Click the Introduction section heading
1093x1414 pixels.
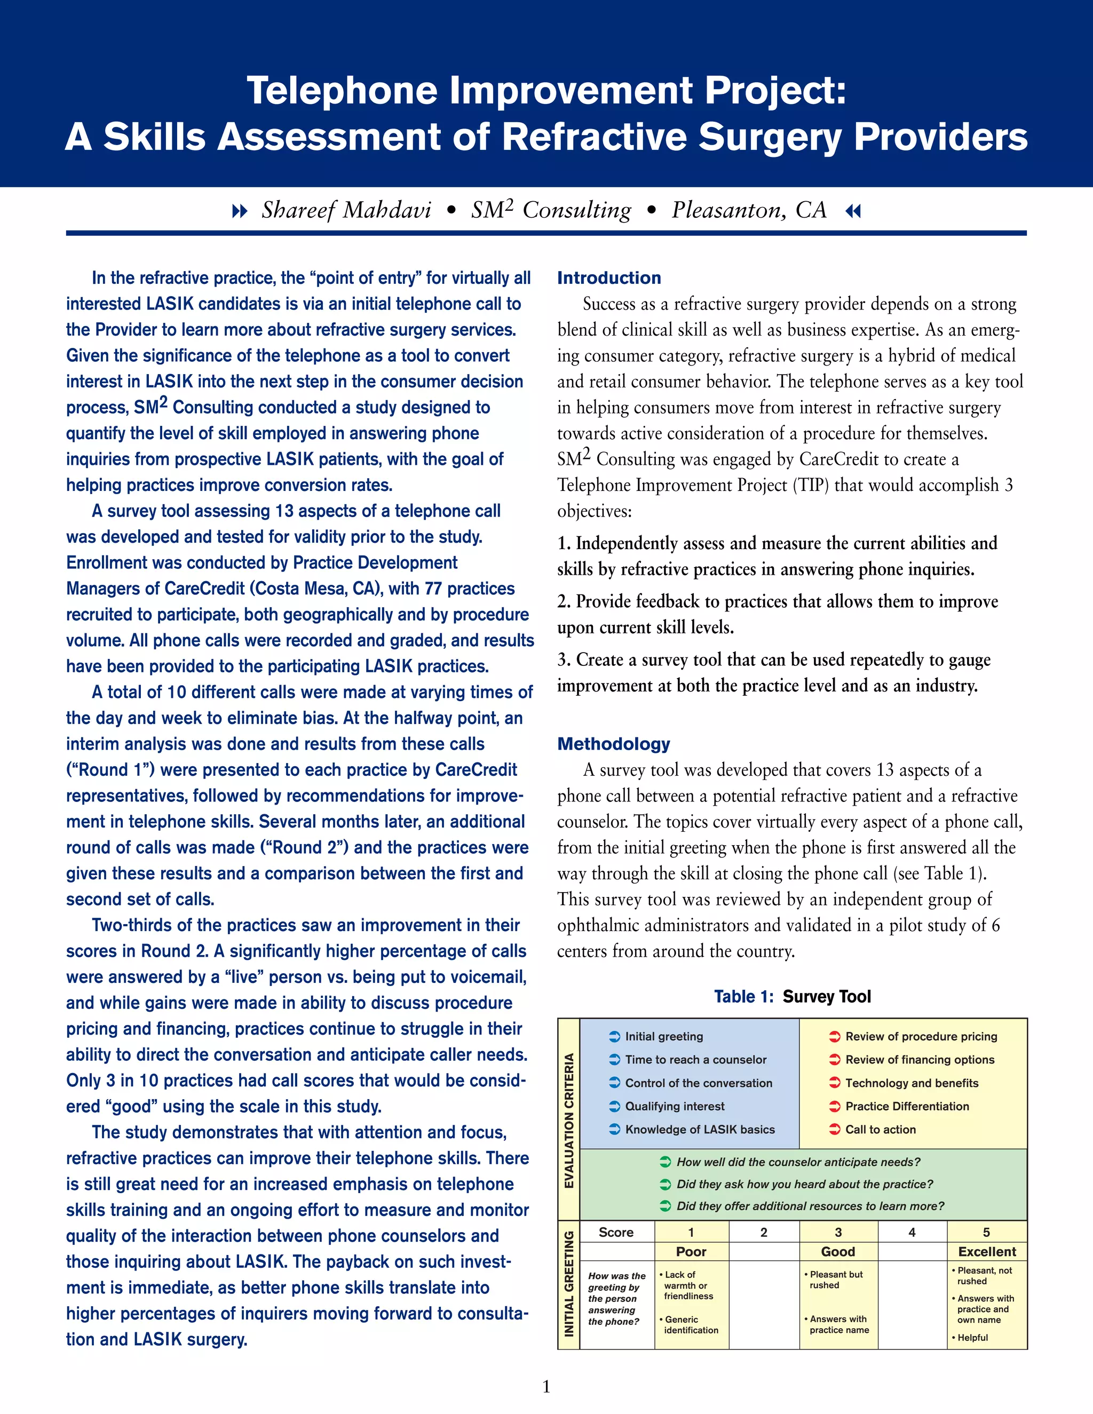pos(608,278)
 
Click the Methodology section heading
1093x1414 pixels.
pos(613,744)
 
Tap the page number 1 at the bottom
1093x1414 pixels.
pos(546,1386)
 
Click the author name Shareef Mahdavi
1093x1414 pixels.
pos(346,210)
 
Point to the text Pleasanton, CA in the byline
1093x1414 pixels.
pos(749,210)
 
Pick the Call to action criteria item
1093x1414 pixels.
pos(880,1130)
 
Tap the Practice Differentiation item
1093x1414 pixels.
pos(907,1107)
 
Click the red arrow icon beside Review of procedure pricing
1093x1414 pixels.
pos(835,1037)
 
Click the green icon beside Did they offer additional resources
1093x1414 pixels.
pos(665,1206)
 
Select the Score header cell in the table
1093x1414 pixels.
pos(616,1232)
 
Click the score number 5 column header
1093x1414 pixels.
pos(986,1232)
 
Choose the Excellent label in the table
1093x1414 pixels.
pos(987,1251)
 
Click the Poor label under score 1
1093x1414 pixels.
pos(691,1251)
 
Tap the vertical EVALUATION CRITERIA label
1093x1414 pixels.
pos(569,1121)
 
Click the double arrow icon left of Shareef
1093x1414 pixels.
pos(240,211)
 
